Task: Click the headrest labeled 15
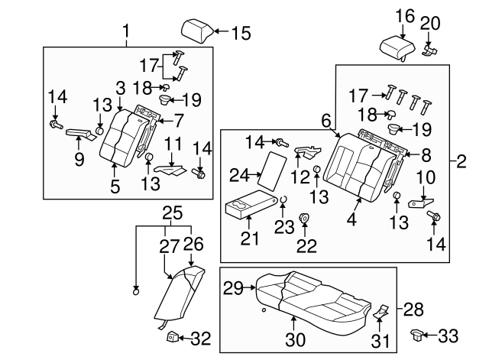(x=196, y=31)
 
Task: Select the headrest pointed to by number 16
(x=397, y=48)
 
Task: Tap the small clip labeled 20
(x=429, y=50)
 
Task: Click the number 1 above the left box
(x=125, y=31)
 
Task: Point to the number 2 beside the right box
(x=461, y=161)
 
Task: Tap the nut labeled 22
(x=304, y=218)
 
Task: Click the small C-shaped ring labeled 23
(x=283, y=199)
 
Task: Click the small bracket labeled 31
(x=381, y=311)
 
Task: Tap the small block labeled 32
(x=173, y=336)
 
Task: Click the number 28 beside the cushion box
(x=413, y=309)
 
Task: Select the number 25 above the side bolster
(x=173, y=213)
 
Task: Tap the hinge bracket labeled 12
(x=307, y=151)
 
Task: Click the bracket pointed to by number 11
(x=170, y=170)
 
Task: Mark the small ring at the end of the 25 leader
(x=136, y=292)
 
